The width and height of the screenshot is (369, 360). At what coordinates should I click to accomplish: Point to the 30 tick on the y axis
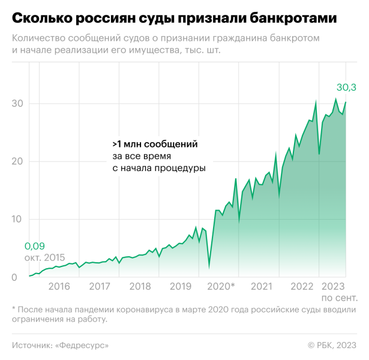point(17,103)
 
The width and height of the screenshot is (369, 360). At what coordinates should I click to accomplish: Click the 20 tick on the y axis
point(17,161)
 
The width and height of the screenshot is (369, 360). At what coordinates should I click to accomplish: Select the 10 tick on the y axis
point(17,220)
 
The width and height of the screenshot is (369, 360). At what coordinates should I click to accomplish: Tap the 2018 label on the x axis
point(139,287)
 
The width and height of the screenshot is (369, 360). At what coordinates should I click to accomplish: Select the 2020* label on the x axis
point(221,287)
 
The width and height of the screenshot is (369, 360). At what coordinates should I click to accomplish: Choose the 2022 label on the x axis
point(301,287)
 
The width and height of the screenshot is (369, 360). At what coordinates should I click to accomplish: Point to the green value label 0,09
point(35,246)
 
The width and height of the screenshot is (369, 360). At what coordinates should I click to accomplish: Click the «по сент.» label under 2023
point(340,298)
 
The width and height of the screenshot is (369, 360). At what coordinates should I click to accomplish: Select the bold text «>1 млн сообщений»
point(155,145)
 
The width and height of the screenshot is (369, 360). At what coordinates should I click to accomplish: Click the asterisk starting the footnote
point(14,310)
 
